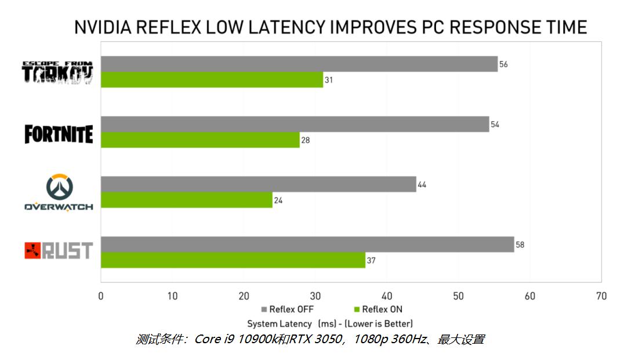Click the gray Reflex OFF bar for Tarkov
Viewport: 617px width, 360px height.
299,64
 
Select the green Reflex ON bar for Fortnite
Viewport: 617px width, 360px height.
200,140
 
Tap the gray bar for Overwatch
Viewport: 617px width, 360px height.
259,184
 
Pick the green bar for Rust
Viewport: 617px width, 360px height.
233,260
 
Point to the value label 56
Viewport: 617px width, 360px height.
503,64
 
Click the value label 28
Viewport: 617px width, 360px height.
305,140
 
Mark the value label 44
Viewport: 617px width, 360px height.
422,185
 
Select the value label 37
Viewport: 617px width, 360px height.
371,260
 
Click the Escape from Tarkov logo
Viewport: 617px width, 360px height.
57,72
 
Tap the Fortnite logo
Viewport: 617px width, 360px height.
59,133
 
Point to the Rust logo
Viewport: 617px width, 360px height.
59,250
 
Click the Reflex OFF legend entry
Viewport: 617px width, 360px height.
288,309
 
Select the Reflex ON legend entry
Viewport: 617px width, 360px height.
378,309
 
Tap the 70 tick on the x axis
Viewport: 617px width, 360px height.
601,296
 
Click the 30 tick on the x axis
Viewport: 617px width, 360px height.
315,296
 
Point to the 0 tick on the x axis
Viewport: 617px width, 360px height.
101,296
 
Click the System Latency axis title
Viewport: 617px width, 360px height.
330,323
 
